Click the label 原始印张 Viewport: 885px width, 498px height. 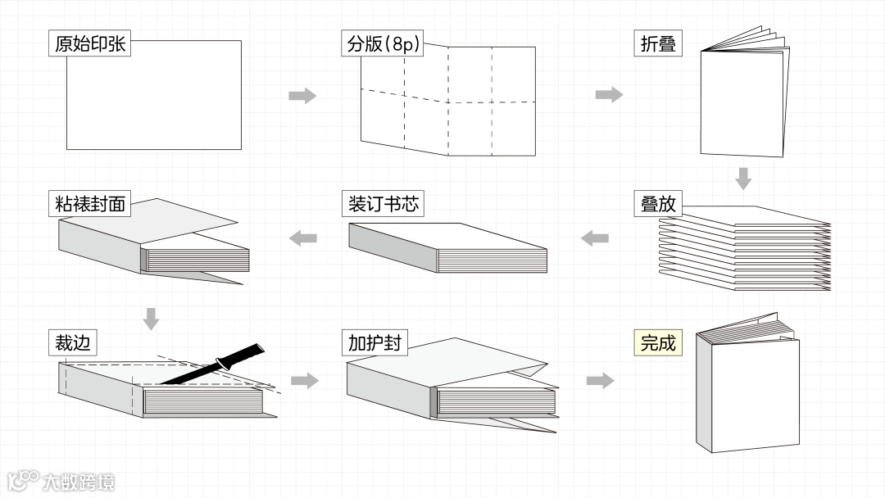point(90,43)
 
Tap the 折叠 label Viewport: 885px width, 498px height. point(658,43)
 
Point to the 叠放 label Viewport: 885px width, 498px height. point(658,203)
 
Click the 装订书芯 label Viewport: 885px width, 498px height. point(383,203)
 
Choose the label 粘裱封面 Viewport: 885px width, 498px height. point(90,203)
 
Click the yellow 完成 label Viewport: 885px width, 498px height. point(658,342)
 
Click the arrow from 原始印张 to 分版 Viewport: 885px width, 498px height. point(302,96)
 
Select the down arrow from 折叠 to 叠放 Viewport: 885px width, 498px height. point(743,178)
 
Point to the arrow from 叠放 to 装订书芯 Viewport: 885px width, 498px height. point(595,238)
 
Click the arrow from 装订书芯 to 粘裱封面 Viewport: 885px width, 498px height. point(303,238)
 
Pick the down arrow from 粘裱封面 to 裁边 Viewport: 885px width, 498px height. point(150,319)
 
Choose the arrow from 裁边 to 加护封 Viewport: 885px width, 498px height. point(304,380)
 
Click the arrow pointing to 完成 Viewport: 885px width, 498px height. point(601,380)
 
